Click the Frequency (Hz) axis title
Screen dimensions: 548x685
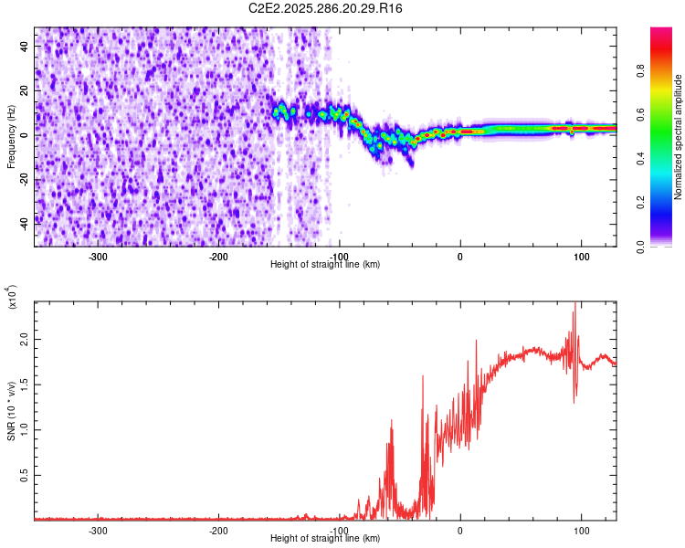(11, 137)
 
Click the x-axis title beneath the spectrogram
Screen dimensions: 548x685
(325, 264)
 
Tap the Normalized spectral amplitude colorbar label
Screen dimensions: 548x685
(679, 137)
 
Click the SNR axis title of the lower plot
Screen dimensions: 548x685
(11, 411)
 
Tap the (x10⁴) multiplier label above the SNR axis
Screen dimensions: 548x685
(12, 297)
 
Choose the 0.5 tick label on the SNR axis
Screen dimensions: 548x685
(26, 475)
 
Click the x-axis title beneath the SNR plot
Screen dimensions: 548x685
(325, 539)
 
